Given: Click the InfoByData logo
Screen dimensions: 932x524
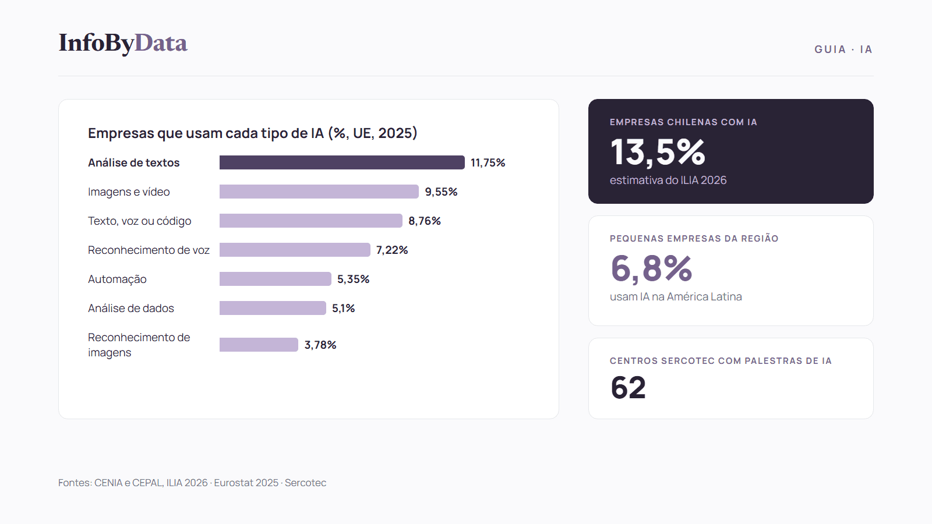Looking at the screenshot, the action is point(123,43).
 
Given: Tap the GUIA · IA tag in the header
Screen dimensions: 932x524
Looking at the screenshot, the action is point(843,49).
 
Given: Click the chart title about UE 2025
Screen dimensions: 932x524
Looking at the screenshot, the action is point(253,133).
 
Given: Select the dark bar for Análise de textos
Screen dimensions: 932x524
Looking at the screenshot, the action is point(342,162).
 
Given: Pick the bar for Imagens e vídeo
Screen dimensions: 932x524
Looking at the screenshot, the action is point(319,192).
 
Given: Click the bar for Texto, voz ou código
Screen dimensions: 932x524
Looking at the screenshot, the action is point(311,221).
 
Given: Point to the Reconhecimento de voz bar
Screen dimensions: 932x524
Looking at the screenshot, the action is point(295,250).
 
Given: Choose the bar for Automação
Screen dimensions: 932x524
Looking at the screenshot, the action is point(276,279).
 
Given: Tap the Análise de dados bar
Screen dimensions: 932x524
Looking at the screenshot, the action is point(273,308).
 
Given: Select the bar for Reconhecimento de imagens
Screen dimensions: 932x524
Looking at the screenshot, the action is point(259,345).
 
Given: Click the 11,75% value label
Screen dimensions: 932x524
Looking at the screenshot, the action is point(488,162).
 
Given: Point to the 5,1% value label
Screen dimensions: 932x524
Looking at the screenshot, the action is point(343,308).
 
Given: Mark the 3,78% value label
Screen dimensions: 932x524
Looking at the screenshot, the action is point(320,345).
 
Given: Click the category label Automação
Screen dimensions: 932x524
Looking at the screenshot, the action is point(117,279).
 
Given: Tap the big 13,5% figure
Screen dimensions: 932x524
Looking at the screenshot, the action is point(658,152).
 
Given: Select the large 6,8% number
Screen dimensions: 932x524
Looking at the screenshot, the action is point(652,268).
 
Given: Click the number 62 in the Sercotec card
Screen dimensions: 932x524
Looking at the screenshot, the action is point(629,388).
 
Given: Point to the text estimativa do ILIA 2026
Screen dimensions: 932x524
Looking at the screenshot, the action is point(668,180).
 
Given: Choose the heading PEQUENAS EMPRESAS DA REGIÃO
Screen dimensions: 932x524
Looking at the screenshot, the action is point(694,239).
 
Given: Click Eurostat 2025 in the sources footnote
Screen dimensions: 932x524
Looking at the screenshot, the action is point(246,483).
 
